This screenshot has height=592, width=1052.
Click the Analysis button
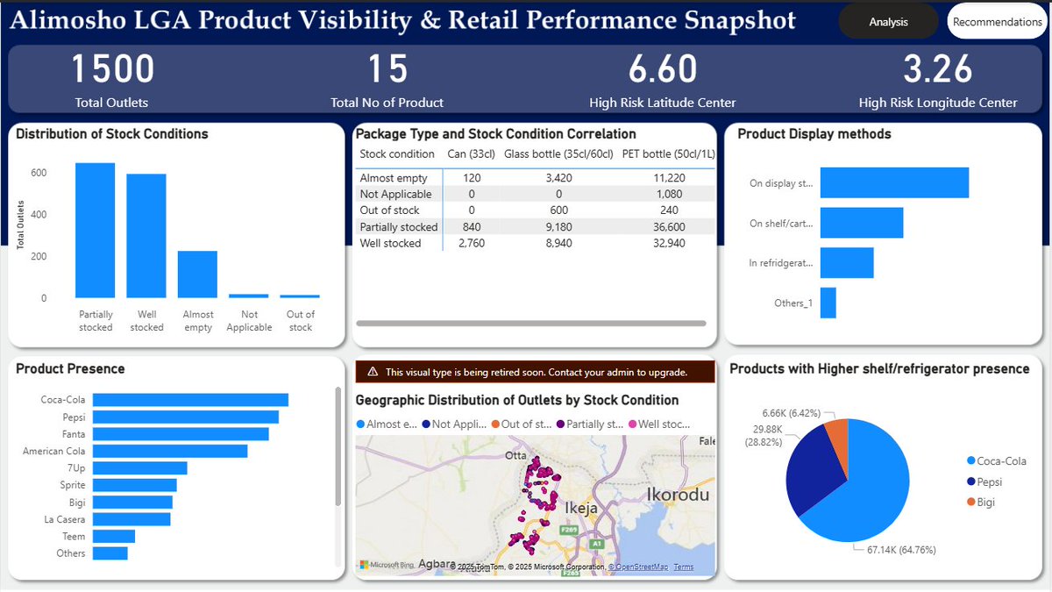pos(888,22)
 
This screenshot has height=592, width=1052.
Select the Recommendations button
pos(997,22)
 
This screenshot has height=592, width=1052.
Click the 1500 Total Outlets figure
pos(111,69)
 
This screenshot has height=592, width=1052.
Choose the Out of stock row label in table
pos(389,210)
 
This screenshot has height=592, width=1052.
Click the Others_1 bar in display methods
pos(828,303)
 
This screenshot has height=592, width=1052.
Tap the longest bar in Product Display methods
pos(894,183)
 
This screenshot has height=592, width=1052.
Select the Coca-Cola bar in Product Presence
pos(190,400)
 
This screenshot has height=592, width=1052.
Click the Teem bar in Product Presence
pos(113,536)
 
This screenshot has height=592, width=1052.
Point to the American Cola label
pos(54,451)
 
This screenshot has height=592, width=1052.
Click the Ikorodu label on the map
pos(677,495)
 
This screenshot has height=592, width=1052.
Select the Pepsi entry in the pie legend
pos(989,481)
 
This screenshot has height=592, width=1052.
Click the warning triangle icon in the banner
pos(373,372)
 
